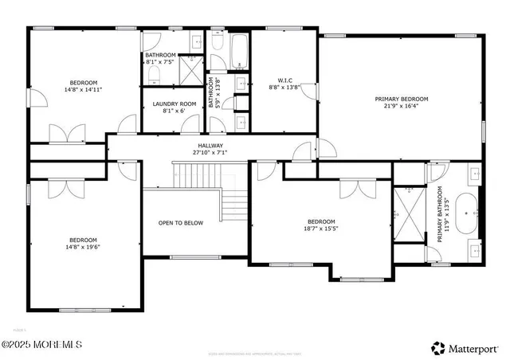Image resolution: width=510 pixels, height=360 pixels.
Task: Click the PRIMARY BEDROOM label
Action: point(401,99)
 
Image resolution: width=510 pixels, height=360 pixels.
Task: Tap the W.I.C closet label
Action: point(285,79)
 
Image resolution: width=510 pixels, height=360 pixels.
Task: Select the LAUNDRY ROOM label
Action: point(174,104)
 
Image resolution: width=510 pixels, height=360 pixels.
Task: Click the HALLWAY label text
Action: point(210,146)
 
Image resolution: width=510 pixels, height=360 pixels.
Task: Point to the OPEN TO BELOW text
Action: point(180,223)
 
